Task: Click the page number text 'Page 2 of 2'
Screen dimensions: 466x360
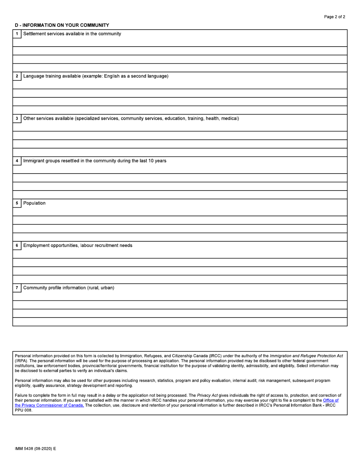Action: [335, 17]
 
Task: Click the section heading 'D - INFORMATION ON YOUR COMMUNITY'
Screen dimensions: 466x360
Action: [62, 25]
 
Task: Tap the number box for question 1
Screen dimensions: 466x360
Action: [17, 34]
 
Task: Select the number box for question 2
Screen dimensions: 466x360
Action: [17, 77]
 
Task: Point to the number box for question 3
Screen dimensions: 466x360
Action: [17, 119]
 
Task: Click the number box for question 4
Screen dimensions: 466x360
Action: [17, 161]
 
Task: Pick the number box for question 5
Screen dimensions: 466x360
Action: [17, 203]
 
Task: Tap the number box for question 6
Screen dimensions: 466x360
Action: [17, 246]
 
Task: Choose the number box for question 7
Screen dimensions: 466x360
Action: [17, 288]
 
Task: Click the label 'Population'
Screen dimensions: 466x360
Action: [34, 203]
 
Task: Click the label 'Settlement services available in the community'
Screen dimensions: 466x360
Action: [72, 34]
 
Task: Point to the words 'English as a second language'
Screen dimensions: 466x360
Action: [136, 76]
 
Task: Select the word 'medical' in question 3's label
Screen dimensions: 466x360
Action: [229, 119]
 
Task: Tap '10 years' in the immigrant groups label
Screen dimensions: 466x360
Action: [157, 161]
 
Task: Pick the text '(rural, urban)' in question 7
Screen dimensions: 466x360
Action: [100, 288]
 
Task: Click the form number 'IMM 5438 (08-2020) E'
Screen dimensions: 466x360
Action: [35, 449]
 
